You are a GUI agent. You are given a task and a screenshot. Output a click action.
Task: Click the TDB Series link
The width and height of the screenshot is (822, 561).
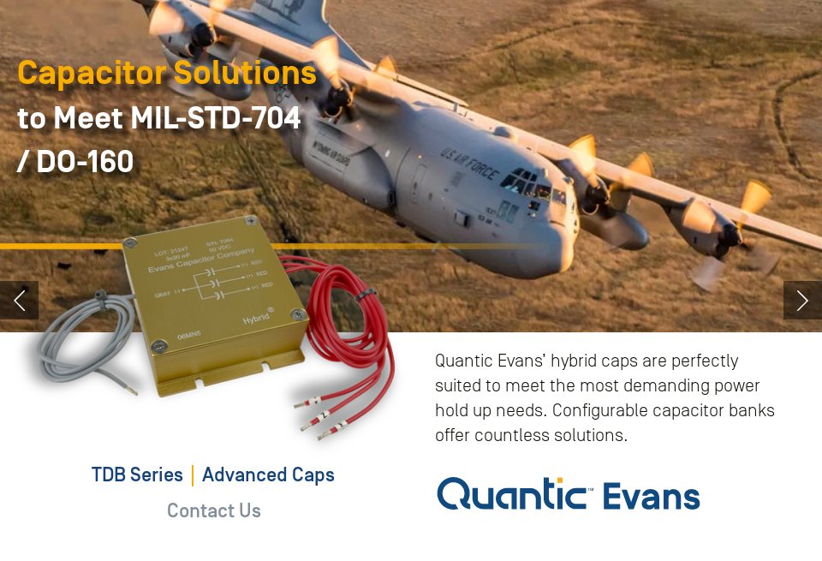point(137,474)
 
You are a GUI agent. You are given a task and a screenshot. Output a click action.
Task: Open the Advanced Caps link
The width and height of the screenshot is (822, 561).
point(268,474)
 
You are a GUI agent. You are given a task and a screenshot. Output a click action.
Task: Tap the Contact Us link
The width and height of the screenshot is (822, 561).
point(213,510)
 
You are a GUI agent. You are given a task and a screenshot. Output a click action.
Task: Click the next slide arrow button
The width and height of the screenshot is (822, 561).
point(802,300)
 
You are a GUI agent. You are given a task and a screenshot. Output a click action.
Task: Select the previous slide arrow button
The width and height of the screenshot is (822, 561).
point(19,300)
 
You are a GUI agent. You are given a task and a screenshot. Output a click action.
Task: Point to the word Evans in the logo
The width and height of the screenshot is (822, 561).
point(651,496)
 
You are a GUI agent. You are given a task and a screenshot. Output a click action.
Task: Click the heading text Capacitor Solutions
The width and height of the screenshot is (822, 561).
point(167,73)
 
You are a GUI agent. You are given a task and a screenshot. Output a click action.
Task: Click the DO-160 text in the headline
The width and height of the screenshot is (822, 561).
point(85,162)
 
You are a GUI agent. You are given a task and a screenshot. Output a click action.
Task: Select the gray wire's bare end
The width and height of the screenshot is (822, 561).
point(130,389)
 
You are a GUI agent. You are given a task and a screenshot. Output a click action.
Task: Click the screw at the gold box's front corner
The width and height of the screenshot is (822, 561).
point(159,346)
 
